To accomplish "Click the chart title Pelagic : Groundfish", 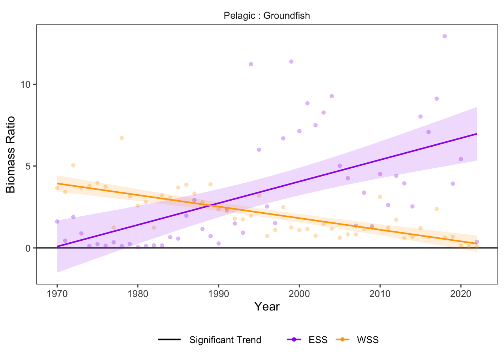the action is coord(267,16).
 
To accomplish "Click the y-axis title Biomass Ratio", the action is coord(11,154).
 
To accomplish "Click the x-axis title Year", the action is coord(267,306).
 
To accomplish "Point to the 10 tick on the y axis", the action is coord(25,84).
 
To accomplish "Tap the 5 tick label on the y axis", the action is coord(28,166).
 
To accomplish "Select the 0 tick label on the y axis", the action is coord(28,248).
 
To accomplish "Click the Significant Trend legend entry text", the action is coord(225,340).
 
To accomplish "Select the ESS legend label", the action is coord(318,340).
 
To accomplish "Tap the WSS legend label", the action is coord(367,340).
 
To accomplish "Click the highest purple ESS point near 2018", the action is coord(444,36).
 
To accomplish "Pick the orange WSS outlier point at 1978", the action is coord(121,138).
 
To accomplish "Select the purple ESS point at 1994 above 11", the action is coord(251,64).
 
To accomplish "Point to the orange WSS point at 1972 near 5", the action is coord(73,165).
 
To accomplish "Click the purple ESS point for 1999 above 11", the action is coord(291,61).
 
